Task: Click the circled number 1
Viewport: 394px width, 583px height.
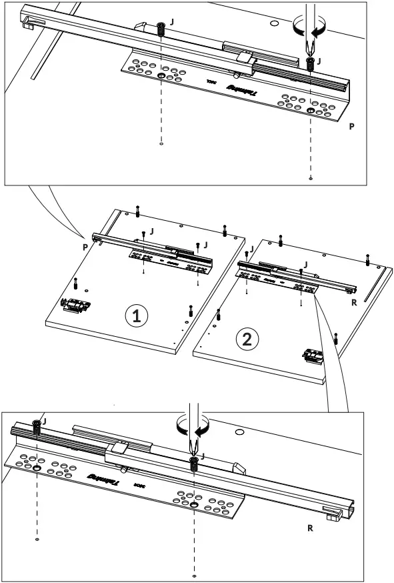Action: [137, 316]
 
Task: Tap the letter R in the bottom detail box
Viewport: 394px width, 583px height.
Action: [310, 527]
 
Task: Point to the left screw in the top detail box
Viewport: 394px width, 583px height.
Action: [161, 29]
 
